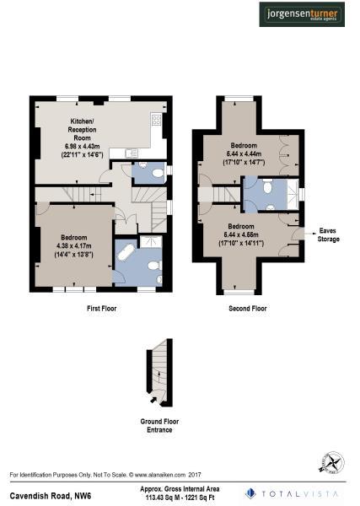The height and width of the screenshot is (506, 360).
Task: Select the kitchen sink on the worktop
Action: (x=131, y=153)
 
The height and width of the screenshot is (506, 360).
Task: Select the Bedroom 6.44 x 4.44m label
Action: (x=244, y=153)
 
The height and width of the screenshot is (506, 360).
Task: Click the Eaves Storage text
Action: (x=329, y=234)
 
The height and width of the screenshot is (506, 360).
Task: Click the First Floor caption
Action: (x=101, y=310)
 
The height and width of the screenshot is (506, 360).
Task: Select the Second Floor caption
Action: (x=247, y=310)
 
